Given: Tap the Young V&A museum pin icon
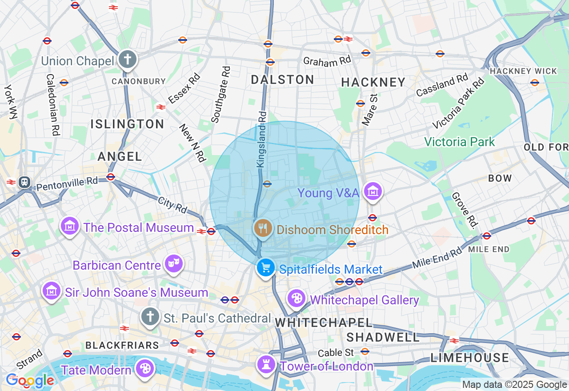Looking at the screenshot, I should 373,192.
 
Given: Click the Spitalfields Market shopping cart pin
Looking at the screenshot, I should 265,268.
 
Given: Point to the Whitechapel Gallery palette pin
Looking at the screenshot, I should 296,298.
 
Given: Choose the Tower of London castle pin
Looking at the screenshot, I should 266,364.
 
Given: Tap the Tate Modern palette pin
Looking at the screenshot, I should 145,368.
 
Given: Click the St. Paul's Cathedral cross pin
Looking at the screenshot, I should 150,317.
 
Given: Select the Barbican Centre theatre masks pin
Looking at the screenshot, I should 173,264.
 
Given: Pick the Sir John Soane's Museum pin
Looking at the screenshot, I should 52,291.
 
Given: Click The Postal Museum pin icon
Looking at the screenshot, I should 70,227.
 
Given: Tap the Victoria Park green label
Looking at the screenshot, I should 459,142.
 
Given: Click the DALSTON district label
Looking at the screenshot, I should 282,80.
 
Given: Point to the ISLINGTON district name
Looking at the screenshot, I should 128,124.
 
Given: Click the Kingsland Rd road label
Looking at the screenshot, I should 261,140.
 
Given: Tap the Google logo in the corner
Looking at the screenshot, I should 30,380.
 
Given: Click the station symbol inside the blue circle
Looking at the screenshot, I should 267,184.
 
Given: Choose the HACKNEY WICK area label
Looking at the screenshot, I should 523,71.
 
